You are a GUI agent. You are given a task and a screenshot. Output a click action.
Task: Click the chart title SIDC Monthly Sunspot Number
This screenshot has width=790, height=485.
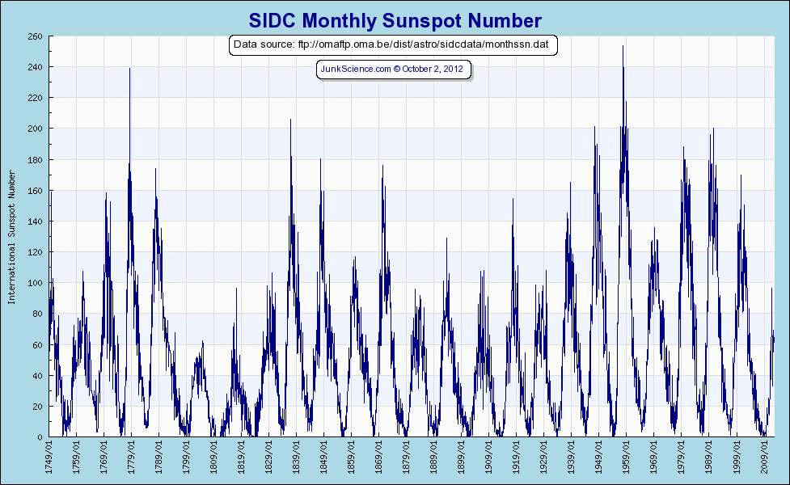395,20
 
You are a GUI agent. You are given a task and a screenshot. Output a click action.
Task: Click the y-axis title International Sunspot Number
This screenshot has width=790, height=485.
11,237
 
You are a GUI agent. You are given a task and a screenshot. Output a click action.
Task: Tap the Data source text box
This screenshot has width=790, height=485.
394,44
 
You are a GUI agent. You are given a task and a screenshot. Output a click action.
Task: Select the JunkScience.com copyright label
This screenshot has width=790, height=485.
393,70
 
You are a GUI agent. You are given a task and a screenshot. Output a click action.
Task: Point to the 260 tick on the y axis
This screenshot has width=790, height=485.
36,36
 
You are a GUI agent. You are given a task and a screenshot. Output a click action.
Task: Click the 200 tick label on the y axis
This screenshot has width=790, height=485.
36,129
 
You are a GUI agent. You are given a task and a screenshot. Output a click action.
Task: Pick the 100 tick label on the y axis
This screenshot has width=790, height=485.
36,283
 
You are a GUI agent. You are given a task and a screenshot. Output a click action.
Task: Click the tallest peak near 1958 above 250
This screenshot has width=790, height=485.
623,47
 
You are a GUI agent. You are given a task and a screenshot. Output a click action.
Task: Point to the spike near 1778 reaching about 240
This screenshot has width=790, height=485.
129,70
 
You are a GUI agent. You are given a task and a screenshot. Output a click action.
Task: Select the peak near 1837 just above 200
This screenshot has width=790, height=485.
290,120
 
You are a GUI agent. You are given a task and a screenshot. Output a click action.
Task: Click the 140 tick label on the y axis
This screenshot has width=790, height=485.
36,221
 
